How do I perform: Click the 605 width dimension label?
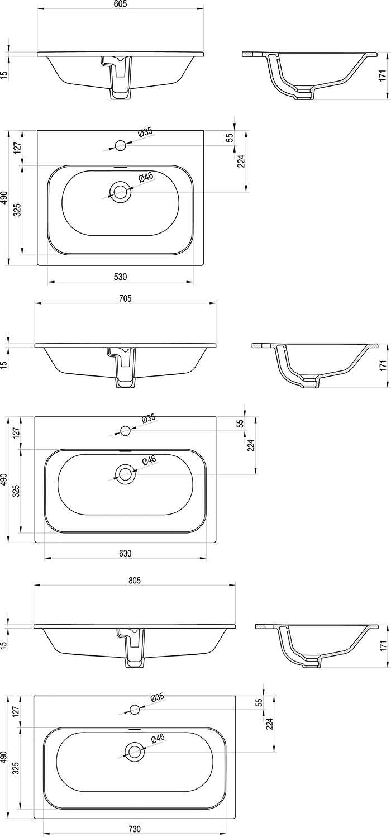click(x=121, y=4)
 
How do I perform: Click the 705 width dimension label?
click(x=125, y=299)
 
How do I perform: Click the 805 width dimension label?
click(x=134, y=581)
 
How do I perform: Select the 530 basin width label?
click(x=121, y=277)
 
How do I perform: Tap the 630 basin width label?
click(x=125, y=553)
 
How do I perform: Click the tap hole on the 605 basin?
click(x=120, y=146)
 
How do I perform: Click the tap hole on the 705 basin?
click(x=125, y=431)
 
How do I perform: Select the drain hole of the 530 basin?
click(x=120, y=192)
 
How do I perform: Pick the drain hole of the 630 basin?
click(x=125, y=474)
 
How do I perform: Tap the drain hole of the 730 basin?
click(x=134, y=752)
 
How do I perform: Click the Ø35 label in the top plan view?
click(x=145, y=132)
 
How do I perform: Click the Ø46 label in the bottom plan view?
click(x=158, y=738)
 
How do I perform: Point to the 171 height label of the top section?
click(x=383, y=76)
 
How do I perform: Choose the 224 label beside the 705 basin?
click(x=251, y=445)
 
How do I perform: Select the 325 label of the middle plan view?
click(x=16, y=491)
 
